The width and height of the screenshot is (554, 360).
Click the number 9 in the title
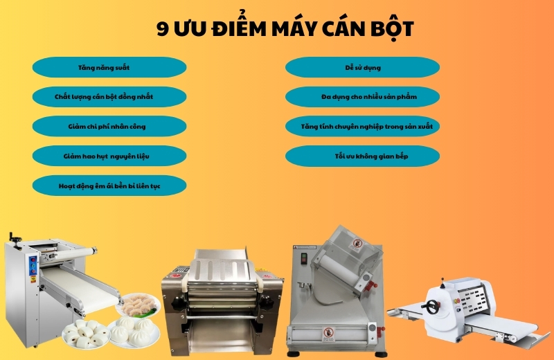click(x=163, y=29)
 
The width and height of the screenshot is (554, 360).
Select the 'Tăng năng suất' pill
click(x=109, y=67)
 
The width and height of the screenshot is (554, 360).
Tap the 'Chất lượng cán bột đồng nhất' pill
click(x=109, y=97)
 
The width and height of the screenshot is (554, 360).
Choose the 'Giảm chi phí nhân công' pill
click(x=109, y=127)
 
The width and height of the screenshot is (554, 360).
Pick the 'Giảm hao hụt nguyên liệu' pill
click(x=109, y=156)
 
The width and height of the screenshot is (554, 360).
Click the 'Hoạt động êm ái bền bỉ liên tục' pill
click(x=109, y=186)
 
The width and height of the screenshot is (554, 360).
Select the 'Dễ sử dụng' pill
click(x=362, y=67)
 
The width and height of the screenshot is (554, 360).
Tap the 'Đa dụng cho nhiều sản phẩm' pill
click(x=362, y=97)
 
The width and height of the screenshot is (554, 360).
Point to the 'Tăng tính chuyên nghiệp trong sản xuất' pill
click(x=362, y=127)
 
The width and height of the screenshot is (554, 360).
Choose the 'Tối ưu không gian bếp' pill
click(x=362, y=156)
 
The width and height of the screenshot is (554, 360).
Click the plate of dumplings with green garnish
click(x=138, y=305)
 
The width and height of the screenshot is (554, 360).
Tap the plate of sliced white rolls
click(x=85, y=334)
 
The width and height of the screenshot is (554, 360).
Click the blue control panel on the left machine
click(x=33, y=266)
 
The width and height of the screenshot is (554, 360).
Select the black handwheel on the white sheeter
click(x=431, y=307)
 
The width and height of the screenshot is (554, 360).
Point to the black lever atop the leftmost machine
click(x=15, y=237)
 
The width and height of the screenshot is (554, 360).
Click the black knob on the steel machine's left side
click(x=179, y=303)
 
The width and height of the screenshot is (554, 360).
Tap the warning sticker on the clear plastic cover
click(x=357, y=245)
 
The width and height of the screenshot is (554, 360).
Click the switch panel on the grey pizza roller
click(x=303, y=258)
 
